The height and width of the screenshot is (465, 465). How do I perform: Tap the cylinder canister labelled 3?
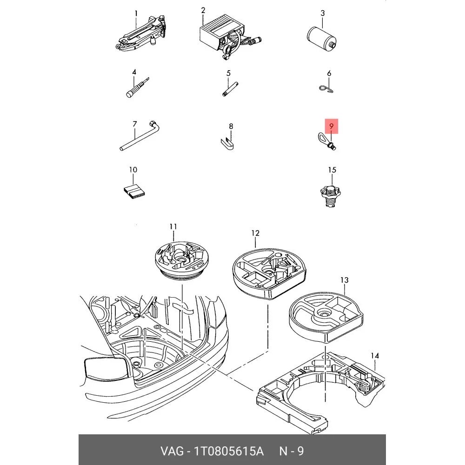pyautogui.click(x=321, y=38)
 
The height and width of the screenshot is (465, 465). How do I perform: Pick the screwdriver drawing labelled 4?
pyautogui.click(x=137, y=87)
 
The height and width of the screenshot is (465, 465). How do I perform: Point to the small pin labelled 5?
pyautogui.click(x=230, y=89)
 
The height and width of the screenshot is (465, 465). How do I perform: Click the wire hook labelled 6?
pyautogui.click(x=327, y=89)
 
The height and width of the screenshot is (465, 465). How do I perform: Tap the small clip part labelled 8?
pyautogui.click(x=228, y=144)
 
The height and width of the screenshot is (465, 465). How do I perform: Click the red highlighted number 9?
pyautogui.click(x=331, y=126)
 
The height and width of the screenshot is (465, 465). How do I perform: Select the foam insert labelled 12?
pyautogui.click(x=268, y=273)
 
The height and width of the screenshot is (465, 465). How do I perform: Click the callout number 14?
pyautogui.click(x=375, y=355)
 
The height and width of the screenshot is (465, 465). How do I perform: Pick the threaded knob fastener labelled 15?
pyautogui.click(x=331, y=196)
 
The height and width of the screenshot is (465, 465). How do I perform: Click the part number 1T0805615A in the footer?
pyautogui.click(x=229, y=451)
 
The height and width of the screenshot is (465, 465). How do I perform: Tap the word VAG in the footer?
pyautogui.click(x=172, y=451)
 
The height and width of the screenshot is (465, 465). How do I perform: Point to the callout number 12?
pyautogui.click(x=255, y=233)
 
